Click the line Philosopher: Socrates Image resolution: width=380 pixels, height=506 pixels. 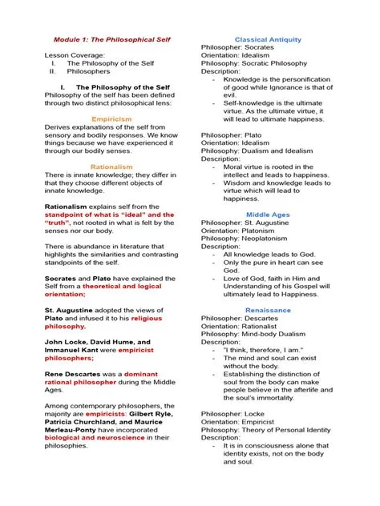[242, 48]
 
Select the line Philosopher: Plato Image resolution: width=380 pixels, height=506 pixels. [236, 135]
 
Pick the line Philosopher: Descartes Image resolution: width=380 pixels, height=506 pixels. [245, 318]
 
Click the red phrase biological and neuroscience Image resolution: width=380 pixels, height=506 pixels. [92, 438]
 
